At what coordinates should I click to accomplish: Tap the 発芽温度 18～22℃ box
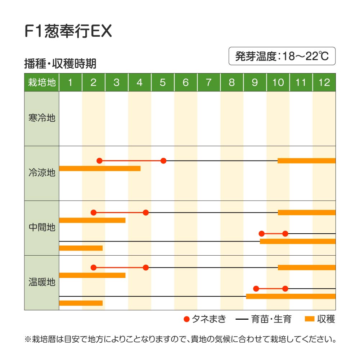pyautogui.click(x=282, y=56)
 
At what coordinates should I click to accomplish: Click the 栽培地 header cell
pyautogui.click(x=42, y=82)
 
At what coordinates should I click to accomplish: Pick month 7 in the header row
pyautogui.click(x=208, y=82)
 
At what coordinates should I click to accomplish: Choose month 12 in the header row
pyautogui.click(x=324, y=82)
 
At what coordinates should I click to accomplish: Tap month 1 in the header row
pyautogui.click(x=70, y=82)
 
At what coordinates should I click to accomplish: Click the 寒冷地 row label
pyautogui.click(x=42, y=118)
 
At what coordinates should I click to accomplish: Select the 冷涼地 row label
pyautogui.click(x=42, y=173)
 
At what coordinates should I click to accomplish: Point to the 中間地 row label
pyautogui.click(x=42, y=228)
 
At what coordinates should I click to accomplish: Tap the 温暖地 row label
pyautogui.click(x=42, y=282)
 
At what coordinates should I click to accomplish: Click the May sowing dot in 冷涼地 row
pyautogui.click(x=163, y=161)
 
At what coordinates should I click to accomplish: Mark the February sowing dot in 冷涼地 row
pyautogui.click(x=99, y=161)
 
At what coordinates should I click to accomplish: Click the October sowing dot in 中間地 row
pyautogui.click(x=285, y=234)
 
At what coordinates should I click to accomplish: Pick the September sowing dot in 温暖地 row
pyautogui.click(x=256, y=288)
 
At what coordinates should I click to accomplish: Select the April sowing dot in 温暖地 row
pyautogui.click(x=145, y=267)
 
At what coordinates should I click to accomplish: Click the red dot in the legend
pyautogui.click(x=186, y=319)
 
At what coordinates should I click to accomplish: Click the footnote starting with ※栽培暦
pyautogui.click(x=180, y=339)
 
